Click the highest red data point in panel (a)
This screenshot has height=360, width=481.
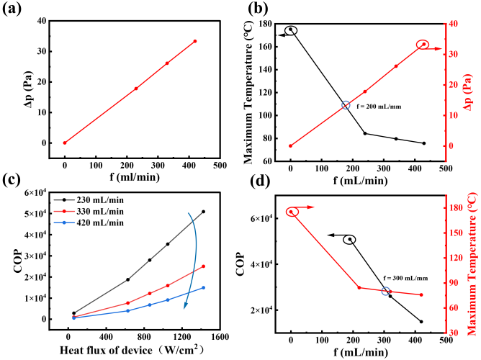[195, 41]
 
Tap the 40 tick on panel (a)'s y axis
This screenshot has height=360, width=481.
[42, 21]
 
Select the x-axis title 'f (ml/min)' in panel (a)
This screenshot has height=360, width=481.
[135, 177]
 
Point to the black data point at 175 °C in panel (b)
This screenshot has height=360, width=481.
[290, 29]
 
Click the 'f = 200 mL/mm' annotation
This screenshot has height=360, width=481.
[379, 107]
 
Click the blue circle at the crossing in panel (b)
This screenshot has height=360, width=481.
[346, 105]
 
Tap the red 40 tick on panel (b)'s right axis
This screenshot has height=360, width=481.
[452, 24]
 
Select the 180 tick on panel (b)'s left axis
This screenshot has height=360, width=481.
[265, 24]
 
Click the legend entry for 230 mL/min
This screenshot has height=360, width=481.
[89, 200]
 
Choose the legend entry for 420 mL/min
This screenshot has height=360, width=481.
[89, 222]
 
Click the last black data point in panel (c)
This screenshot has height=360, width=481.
[203, 212]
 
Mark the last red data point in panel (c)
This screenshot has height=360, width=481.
[203, 266]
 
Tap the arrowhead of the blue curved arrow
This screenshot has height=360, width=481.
[185, 306]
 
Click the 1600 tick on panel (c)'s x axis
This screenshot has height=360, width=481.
[220, 337]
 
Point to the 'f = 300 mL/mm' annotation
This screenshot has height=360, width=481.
[405, 279]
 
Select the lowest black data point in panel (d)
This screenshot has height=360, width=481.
[421, 322]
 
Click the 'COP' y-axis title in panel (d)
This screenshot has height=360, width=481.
[242, 264]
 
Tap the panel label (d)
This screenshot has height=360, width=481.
[260, 181]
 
